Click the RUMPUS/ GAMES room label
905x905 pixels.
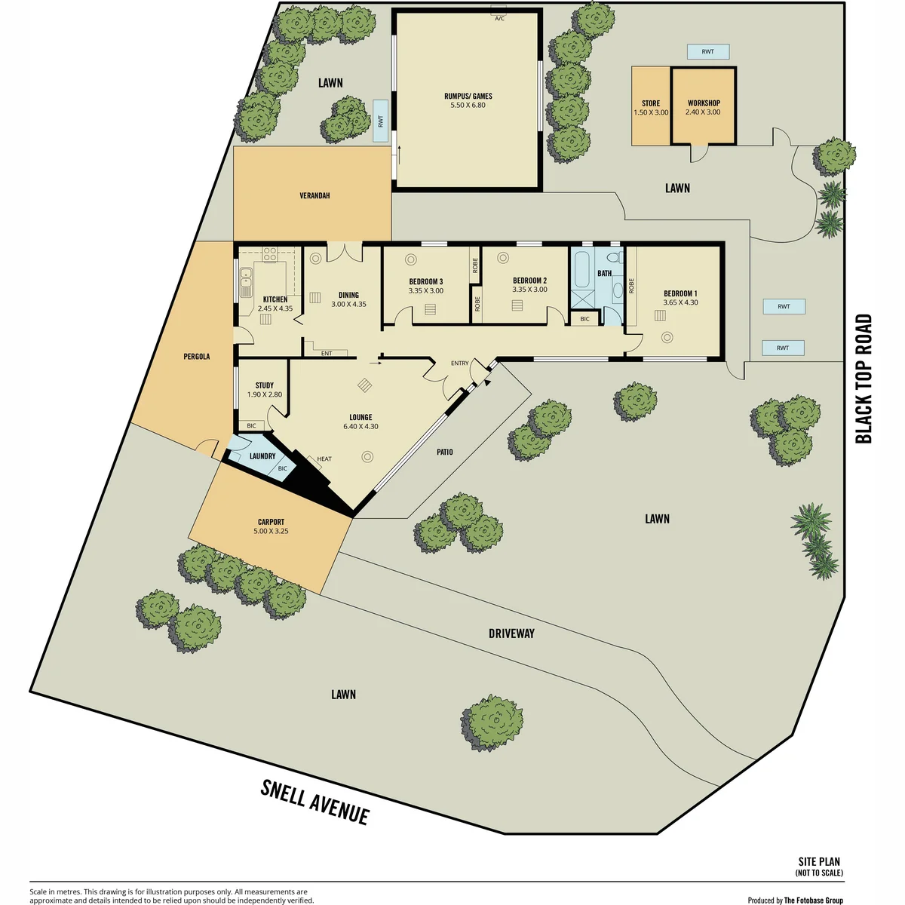468,97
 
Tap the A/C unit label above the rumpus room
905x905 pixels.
499,19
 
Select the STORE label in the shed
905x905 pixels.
650,103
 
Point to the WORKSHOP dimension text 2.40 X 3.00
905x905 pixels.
703,112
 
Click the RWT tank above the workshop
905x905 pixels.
707,52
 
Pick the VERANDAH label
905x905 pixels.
314,196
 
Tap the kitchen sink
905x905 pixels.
246,281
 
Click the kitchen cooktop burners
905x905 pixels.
269,255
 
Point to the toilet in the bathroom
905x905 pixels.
615,258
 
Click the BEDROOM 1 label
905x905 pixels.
680,294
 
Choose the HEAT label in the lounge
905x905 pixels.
324,459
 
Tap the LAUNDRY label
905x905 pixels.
262,456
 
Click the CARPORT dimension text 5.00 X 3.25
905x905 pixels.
271,531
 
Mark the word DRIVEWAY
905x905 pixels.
511,633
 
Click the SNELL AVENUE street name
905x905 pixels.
314,802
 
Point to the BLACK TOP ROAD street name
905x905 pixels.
864,379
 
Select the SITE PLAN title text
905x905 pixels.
819,861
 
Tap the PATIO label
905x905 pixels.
445,452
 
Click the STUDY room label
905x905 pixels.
265,385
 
